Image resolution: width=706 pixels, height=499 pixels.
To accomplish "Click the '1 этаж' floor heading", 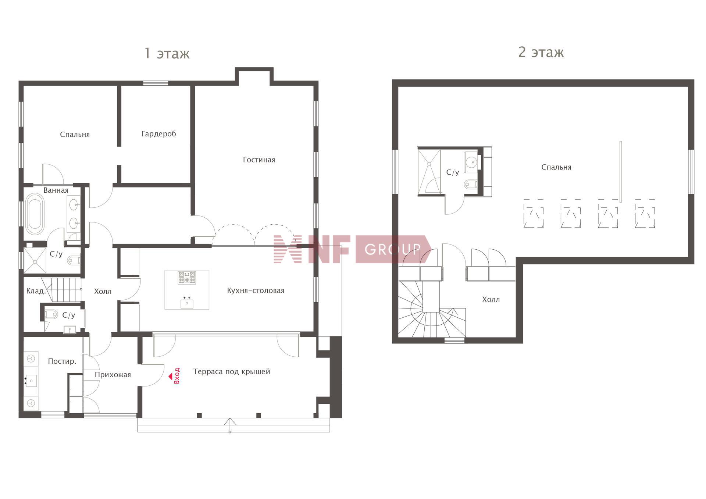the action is [167, 54].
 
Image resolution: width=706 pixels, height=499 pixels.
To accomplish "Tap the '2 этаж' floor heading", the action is [541, 53].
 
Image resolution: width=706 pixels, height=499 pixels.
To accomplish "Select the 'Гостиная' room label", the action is [259, 160].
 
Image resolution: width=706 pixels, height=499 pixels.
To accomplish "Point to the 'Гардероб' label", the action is [158, 134].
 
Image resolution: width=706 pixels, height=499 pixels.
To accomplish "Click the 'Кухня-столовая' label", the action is [256, 291].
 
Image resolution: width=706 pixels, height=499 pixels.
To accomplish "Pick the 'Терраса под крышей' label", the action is [232, 372].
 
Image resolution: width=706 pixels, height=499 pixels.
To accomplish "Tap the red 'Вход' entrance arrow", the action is [171, 376].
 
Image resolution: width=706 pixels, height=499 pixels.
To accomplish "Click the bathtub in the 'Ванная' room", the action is [35, 214].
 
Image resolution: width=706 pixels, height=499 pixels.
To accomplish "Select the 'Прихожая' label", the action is [113, 375].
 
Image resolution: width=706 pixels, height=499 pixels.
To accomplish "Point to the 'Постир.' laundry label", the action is [62, 361].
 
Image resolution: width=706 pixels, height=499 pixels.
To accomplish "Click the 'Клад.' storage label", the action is [36, 291].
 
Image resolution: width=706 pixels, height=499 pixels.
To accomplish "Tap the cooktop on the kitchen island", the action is [187, 278].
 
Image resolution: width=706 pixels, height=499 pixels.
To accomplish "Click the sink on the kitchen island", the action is [187, 303].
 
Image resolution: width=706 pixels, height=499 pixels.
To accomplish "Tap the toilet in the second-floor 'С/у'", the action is [470, 183].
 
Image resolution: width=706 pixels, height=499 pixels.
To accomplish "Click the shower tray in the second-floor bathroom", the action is [429, 171].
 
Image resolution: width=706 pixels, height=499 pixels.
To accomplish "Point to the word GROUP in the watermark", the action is [393, 250].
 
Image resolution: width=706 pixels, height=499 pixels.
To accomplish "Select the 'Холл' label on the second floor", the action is [491, 300].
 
